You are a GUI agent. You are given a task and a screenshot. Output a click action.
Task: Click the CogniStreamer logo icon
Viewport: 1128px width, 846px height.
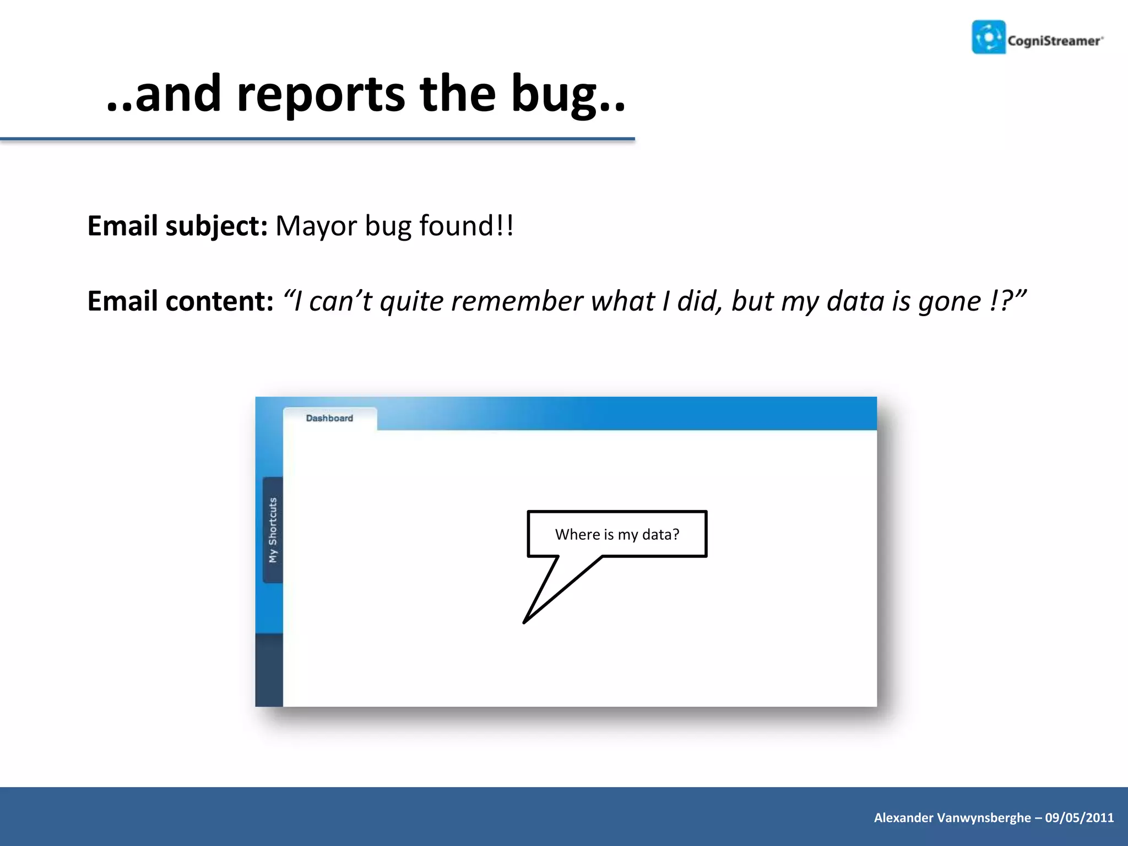[989, 37]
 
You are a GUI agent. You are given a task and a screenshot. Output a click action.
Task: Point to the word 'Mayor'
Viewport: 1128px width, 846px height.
[316, 226]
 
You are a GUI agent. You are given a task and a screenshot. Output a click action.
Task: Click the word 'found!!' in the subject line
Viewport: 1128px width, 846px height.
[466, 226]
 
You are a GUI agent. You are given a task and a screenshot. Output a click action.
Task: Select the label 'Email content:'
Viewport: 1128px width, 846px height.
[180, 301]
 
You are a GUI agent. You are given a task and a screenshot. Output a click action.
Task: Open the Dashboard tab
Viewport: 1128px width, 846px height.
[329, 419]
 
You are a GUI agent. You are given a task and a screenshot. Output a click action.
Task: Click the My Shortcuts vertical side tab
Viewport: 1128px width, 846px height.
[273, 530]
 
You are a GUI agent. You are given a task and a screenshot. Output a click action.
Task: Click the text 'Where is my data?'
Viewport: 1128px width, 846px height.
[617, 534]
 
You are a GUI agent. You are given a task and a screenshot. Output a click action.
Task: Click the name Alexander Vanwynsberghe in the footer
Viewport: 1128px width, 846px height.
[952, 818]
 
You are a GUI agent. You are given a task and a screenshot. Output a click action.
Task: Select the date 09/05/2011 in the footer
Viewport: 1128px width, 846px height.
[1079, 818]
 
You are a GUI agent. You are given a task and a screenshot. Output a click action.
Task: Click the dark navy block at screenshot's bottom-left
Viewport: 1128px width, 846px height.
[269, 670]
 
